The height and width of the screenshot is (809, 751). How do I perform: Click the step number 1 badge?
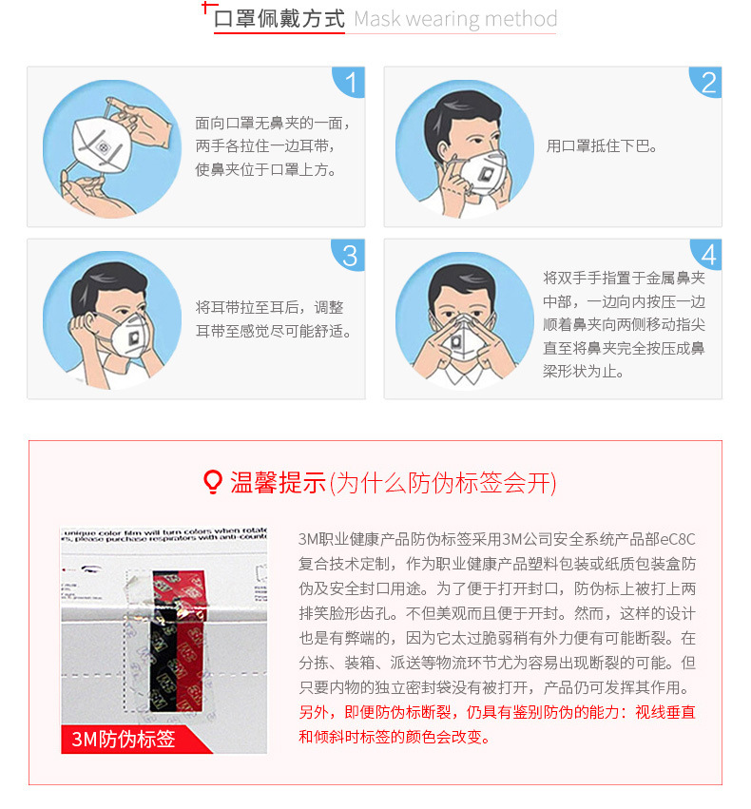pos(351,83)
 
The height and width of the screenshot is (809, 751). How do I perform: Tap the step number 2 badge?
pos(707,83)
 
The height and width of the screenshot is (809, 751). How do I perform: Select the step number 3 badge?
pos(351,255)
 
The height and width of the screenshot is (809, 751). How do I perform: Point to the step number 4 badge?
pos(707,255)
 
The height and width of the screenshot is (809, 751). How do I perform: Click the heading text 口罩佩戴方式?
pos(279,20)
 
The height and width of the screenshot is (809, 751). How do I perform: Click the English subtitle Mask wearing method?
pos(455,20)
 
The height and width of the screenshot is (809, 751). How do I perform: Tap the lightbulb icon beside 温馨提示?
pos(214,483)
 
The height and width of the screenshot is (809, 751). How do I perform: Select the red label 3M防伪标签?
pos(124,739)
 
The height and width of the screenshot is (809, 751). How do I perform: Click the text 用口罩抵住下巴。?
pos(603,146)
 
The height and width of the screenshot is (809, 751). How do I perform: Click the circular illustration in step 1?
pos(112,147)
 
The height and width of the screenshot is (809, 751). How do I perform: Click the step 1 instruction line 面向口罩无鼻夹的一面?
pos(273,124)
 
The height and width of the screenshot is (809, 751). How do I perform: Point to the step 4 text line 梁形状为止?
pos(584,372)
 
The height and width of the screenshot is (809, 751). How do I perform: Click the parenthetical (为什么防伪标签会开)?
pos(442,483)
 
